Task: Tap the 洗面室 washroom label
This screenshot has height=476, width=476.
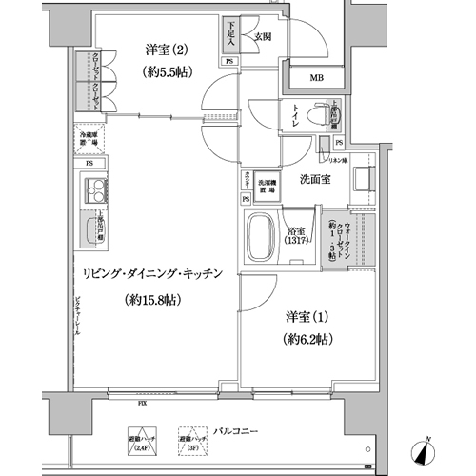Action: coord(315,178)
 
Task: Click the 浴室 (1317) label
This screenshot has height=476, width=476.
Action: coord(298,235)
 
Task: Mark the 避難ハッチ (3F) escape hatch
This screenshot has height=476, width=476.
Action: coord(192,440)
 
